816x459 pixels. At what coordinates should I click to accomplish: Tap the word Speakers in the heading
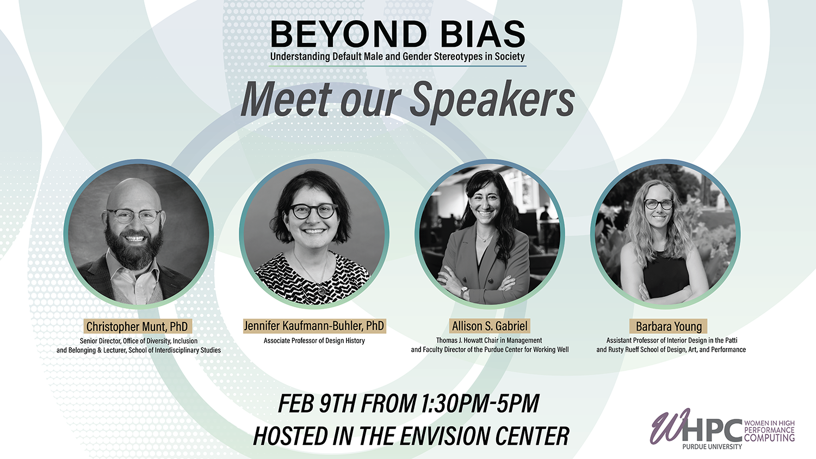492,100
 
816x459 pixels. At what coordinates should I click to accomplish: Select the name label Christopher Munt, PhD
137,326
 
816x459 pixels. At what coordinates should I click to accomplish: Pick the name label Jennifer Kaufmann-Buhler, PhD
314,326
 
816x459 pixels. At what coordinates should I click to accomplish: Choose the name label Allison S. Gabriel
490,326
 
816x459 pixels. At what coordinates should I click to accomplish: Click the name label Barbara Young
669,326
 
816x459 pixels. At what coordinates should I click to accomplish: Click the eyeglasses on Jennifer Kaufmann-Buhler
314,211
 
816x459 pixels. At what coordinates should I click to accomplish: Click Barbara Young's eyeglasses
659,204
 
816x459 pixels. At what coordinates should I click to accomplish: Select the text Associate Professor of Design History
314,340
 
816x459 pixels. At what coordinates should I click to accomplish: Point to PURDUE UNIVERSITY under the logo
712,446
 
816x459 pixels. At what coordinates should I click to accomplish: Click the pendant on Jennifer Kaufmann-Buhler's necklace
322,290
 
